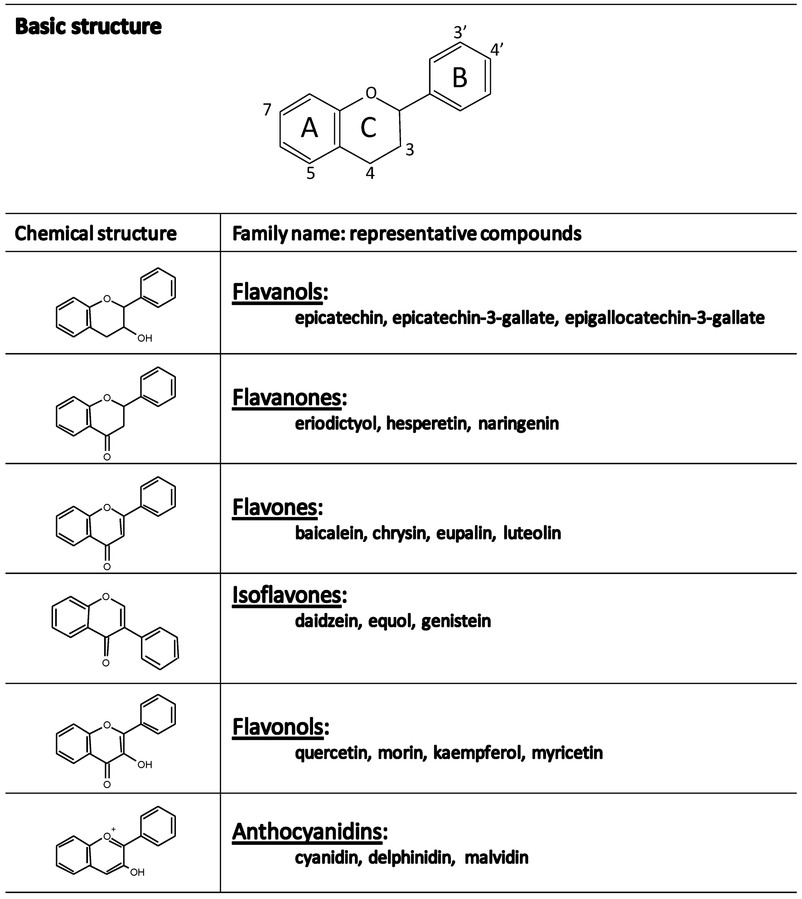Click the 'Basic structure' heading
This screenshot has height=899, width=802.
tap(88, 26)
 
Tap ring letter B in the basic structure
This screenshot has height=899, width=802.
tap(460, 78)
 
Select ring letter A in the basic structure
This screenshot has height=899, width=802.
tap(309, 129)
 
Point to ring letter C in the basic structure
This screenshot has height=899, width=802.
tap(368, 128)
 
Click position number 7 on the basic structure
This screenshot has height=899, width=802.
tap(267, 110)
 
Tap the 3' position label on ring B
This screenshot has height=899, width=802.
tap(460, 33)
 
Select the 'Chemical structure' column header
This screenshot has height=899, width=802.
tap(96, 233)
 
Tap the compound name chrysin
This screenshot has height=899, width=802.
tap(401, 533)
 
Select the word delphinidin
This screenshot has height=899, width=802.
tap(412, 858)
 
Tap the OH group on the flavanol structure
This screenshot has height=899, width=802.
tap(145, 338)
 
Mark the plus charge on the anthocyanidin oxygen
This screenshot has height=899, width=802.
tap(113, 829)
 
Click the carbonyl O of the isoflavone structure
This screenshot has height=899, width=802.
tap(106, 663)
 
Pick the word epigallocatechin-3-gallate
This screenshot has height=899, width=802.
tap(664, 318)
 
